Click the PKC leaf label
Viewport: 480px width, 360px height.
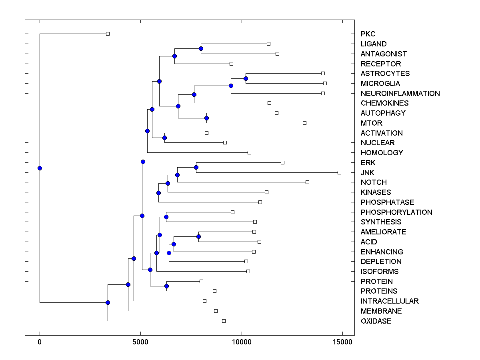click(368, 34)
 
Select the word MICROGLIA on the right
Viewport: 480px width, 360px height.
click(380, 84)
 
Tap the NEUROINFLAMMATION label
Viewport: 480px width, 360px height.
click(400, 94)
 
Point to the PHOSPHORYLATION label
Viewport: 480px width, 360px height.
click(396, 212)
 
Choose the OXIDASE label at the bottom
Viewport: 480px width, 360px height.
click(376, 321)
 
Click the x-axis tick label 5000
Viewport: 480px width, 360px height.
click(140, 342)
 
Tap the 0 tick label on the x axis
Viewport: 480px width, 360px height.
click(40, 342)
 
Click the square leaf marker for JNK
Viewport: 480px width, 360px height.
click(339, 172)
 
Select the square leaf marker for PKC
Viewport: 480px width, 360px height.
click(108, 34)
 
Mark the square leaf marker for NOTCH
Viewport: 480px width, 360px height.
click(307, 182)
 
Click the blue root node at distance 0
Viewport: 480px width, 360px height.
click(40, 168)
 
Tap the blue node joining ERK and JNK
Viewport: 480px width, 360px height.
click(196, 167)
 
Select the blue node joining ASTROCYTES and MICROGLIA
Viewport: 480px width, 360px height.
click(246, 78)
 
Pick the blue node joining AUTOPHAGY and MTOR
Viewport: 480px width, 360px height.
click(206, 118)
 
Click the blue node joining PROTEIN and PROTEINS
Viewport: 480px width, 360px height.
click(166, 286)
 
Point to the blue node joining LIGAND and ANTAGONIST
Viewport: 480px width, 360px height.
click(201, 48)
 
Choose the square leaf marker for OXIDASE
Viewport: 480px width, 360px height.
click(224, 321)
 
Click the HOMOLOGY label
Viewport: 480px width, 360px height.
click(382, 153)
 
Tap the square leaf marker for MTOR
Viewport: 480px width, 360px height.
click(304, 123)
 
